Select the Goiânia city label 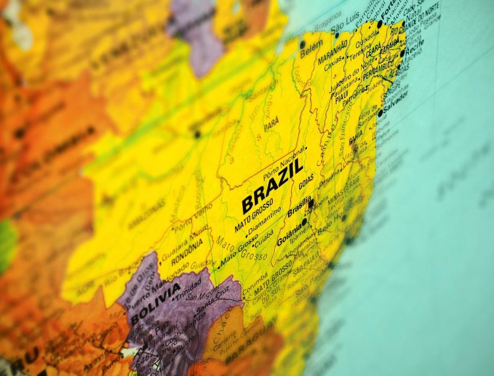tap(289, 233)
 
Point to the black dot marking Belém tap(302, 44)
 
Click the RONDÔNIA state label tap(187, 251)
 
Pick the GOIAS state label tap(306, 181)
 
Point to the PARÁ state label tap(272, 124)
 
